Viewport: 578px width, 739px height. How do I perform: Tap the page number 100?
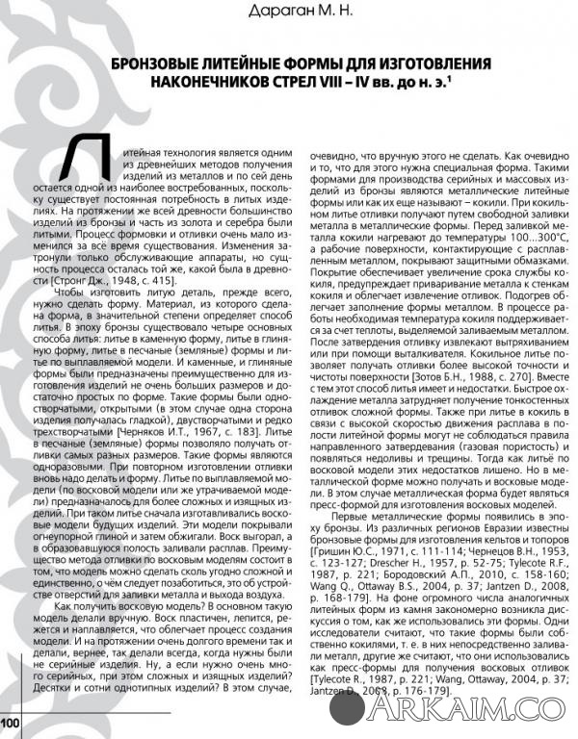click(11, 721)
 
